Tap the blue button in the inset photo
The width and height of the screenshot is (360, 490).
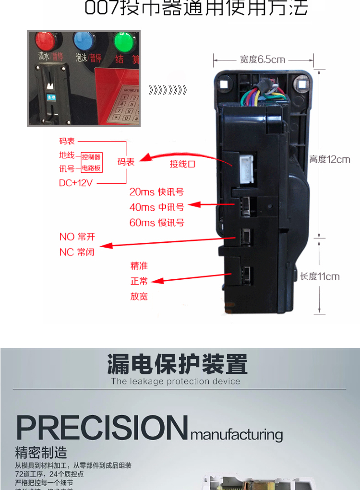84,41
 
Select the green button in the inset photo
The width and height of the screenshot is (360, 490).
124,42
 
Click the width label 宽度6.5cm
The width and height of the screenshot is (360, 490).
263,60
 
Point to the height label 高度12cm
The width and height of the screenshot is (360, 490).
330,160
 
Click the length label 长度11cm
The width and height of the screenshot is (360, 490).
320,276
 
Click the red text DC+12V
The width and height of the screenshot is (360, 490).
76,183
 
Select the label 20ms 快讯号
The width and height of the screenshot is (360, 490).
156,192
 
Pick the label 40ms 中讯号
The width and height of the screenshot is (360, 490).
156,207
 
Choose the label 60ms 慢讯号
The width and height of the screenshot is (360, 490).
156,223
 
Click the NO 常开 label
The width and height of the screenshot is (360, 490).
77,237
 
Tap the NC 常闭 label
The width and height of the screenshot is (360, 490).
77,252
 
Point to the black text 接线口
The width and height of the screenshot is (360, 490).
182,164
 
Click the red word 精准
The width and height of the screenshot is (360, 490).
139,266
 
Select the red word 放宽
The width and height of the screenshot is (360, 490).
139,297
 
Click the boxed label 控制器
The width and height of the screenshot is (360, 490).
91,157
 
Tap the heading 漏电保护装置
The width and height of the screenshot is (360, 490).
178,365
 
